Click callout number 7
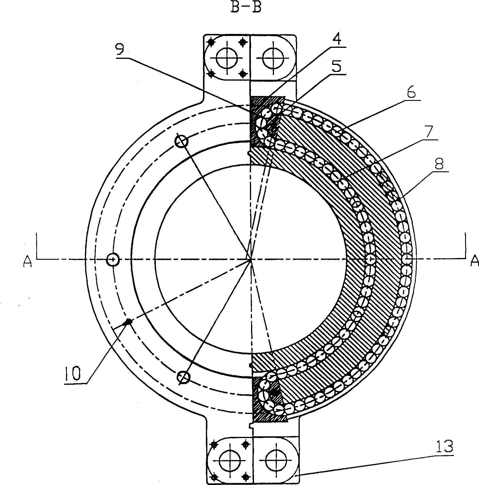tap(428, 132)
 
